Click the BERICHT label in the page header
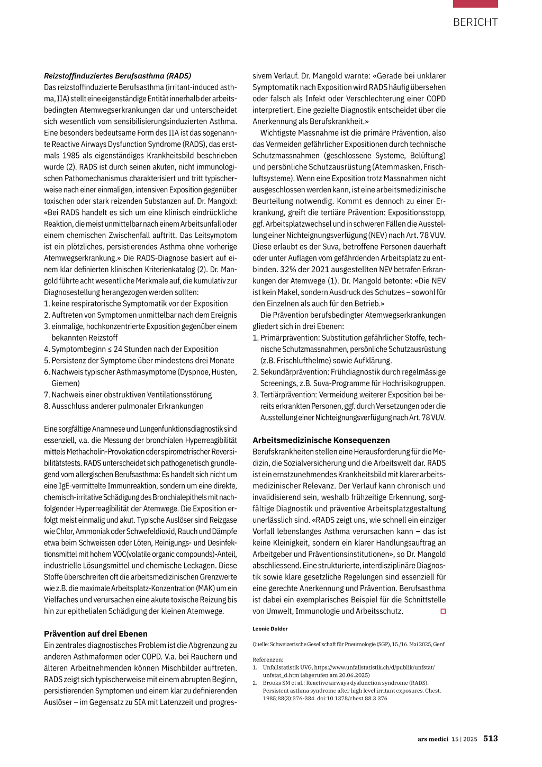pos(475,22)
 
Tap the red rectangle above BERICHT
pos(475,4)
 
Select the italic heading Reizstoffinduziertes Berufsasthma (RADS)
pos(118,76)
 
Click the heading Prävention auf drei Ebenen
pos(96,634)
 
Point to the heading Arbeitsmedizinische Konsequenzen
pos(321,440)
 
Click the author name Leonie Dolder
pos(270,629)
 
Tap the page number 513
pos(490,738)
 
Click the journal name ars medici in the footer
pos(432,739)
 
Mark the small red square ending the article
pos(443,611)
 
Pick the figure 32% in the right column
pos(261,270)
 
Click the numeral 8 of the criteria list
pos(47,406)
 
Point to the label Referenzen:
pos(268,659)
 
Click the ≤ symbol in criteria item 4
pos(110,350)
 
